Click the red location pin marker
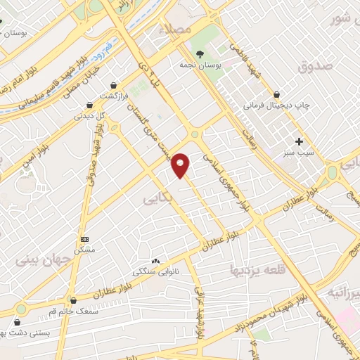tap(181, 165)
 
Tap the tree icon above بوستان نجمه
tap(201, 53)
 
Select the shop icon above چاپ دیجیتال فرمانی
tap(276, 94)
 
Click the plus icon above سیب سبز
tap(300, 141)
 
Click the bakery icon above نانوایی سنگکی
tap(155, 260)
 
